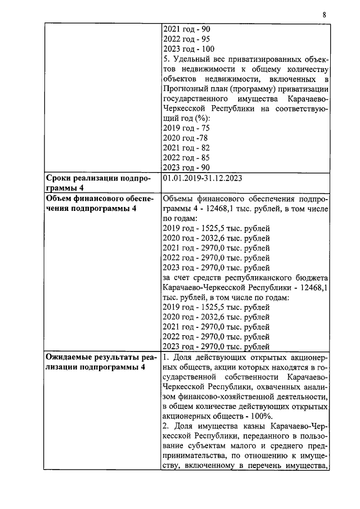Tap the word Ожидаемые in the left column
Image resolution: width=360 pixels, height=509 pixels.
73,357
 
